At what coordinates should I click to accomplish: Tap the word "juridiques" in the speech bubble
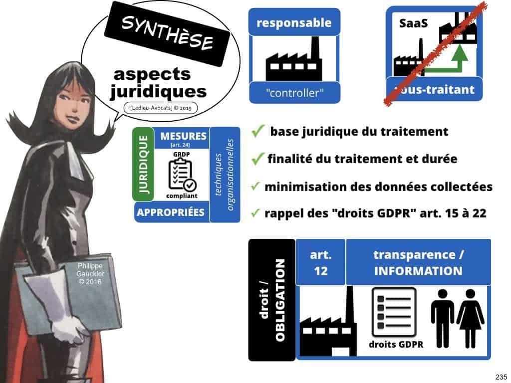click(x=158, y=91)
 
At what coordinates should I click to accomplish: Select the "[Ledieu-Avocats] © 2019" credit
click(x=160, y=107)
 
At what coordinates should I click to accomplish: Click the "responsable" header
click(x=293, y=22)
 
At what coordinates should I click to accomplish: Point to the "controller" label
click(x=293, y=92)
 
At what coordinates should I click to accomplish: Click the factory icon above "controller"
click(x=293, y=60)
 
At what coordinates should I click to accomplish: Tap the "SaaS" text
click(x=413, y=23)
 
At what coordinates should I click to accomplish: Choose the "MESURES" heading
click(x=183, y=135)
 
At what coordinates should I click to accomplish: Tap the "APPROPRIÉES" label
click(x=171, y=212)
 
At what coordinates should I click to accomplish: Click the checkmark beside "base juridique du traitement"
click(x=257, y=132)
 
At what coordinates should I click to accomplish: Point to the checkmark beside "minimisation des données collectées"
click(x=255, y=187)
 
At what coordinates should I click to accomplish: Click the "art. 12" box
click(x=320, y=262)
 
